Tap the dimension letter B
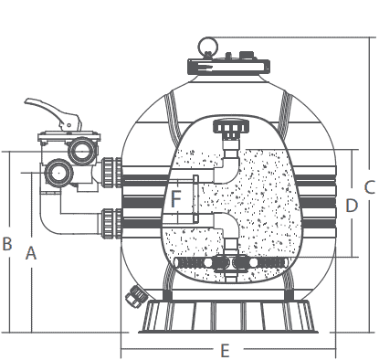pos(7,243)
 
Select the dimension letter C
pos(369,186)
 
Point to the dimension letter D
pos(352,206)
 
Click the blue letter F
pos(176,196)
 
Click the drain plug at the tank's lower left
pos(137,295)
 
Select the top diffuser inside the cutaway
pos(226,128)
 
